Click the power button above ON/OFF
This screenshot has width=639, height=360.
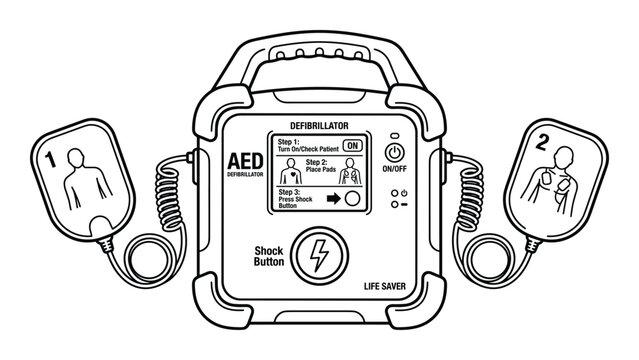(x=396, y=153)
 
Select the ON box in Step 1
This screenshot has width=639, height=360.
(x=351, y=144)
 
